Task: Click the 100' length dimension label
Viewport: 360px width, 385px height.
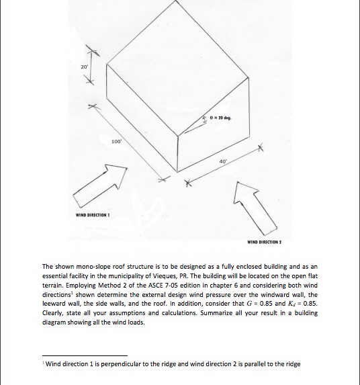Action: coord(116,142)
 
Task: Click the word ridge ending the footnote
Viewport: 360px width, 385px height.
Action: coord(292,364)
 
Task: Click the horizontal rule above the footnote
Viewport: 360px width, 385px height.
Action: coord(84,355)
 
